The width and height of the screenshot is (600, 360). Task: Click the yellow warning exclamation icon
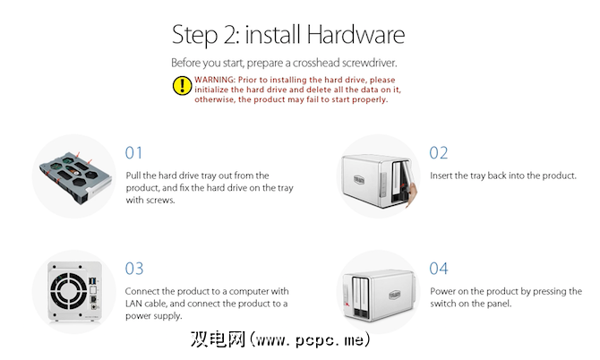[x=182, y=85]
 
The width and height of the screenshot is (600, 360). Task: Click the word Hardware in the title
[x=356, y=35]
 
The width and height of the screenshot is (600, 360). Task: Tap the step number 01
[x=133, y=153]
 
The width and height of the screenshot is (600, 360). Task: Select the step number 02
[x=438, y=153]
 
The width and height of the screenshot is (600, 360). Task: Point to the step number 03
[x=134, y=269]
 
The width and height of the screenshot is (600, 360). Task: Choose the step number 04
[x=439, y=269]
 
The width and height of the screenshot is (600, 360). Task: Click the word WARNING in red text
[x=215, y=80]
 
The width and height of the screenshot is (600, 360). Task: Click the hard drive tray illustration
[x=75, y=177]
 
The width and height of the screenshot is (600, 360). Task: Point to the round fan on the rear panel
[x=69, y=291]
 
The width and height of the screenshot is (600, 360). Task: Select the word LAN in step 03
[x=134, y=304]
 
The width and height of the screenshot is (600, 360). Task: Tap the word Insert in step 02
[x=441, y=176]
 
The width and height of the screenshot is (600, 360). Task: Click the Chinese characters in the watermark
[x=218, y=339]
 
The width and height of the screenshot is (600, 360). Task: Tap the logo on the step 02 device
[x=359, y=179]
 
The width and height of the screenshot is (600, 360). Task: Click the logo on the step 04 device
[x=395, y=295]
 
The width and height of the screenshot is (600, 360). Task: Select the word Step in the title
[x=194, y=36]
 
